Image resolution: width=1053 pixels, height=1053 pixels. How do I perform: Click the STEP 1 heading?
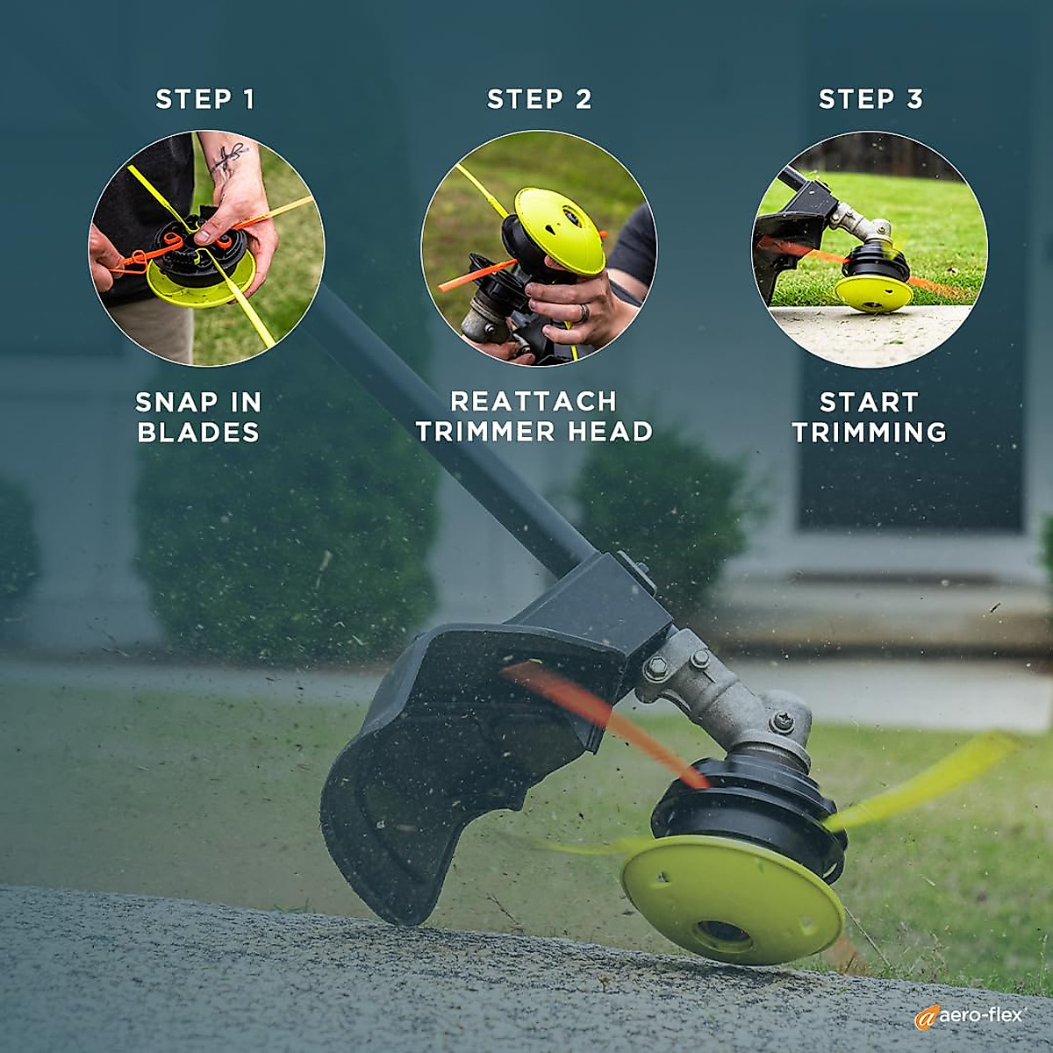[205, 99]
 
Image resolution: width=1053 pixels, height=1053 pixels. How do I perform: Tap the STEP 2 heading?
[539, 99]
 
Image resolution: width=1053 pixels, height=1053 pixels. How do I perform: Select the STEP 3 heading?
[870, 99]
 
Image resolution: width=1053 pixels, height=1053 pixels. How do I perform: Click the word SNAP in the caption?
[175, 403]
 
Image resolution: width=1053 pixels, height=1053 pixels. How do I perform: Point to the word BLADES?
[198, 433]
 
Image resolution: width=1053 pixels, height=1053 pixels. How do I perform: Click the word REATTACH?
[534, 402]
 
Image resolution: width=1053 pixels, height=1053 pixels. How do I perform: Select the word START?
[869, 403]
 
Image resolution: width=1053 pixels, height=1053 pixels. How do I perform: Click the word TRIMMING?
[869, 433]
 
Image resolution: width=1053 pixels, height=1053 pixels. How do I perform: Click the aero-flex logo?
[969, 1015]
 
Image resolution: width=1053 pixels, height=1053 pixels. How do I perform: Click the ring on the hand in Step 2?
[584, 312]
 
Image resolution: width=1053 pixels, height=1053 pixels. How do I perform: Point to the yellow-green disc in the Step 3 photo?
[872, 290]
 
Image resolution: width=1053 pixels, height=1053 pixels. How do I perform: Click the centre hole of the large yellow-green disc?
[726, 934]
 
